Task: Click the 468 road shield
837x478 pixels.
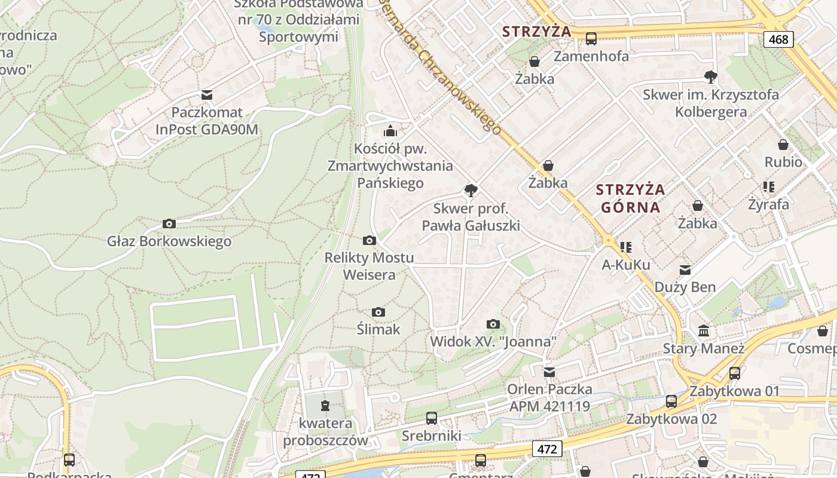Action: (778, 39)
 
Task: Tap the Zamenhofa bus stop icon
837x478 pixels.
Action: (591, 39)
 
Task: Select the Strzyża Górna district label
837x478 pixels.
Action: (631, 198)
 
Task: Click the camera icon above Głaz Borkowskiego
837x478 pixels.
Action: (169, 223)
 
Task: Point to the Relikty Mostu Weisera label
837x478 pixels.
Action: (369, 266)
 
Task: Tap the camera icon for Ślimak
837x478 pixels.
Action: (378, 312)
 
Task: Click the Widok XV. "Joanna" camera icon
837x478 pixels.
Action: (493, 324)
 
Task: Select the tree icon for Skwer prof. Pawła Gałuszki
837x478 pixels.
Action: (471, 191)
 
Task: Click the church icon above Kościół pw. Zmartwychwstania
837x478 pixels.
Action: (390, 131)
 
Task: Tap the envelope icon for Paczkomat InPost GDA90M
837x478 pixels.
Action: (207, 94)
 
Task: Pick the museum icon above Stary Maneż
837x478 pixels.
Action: (704, 330)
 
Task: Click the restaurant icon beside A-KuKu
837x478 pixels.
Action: (626, 247)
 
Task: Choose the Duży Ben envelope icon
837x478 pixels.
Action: (685, 270)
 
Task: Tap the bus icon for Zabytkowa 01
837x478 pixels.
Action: (735, 373)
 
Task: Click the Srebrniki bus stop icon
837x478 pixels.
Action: (432, 418)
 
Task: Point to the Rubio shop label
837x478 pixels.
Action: (783, 162)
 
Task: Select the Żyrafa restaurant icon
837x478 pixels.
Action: (769, 187)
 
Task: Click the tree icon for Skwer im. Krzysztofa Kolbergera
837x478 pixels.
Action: (710, 76)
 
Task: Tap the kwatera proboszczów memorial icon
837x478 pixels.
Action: (325, 406)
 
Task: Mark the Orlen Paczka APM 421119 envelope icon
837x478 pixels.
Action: (549, 372)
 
